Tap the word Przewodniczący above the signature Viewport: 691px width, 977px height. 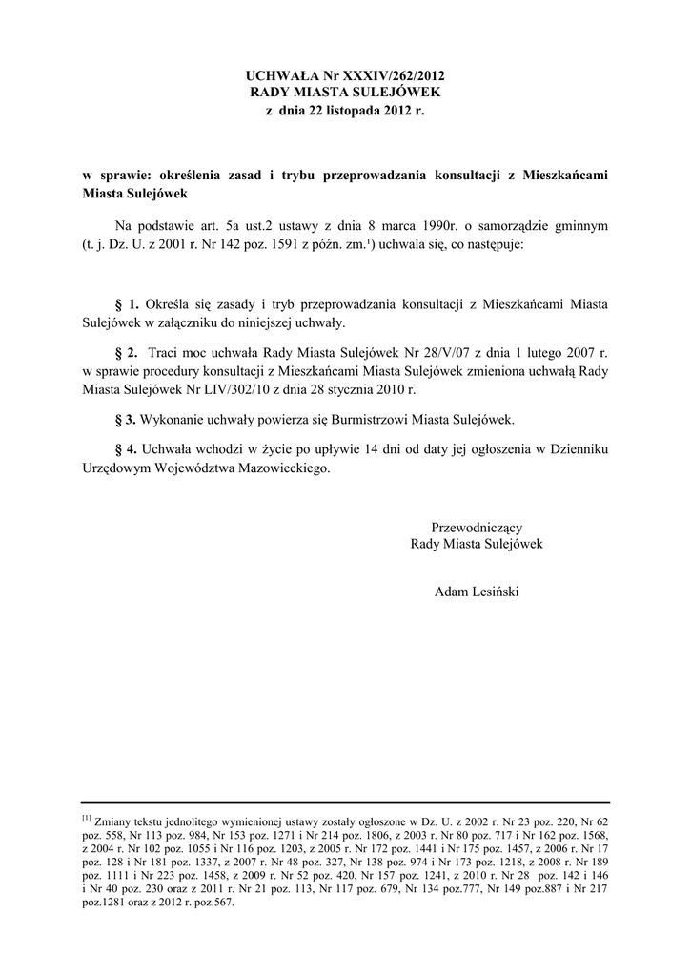[x=476, y=527]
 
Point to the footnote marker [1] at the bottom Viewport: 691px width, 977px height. [x=86, y=818]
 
